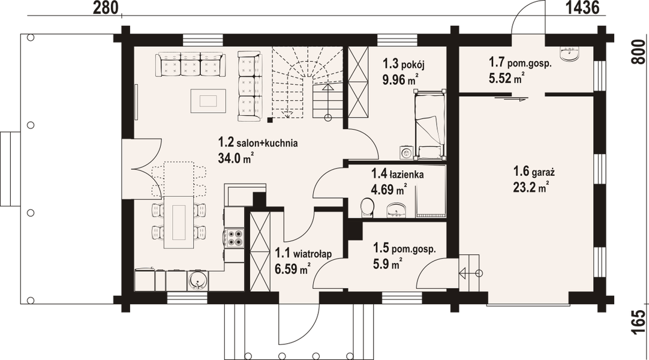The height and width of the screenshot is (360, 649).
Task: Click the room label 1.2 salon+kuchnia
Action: [x=258, y=143]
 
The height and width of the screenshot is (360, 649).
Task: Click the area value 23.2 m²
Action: [x=531, y=187]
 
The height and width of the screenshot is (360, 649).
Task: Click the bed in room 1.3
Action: [x=429, y=124]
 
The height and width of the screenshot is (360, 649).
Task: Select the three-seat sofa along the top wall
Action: [x=190, y=65]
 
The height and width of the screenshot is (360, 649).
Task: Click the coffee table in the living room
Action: [x=208, y=100]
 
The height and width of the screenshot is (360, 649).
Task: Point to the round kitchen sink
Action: [x=197, y=280]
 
